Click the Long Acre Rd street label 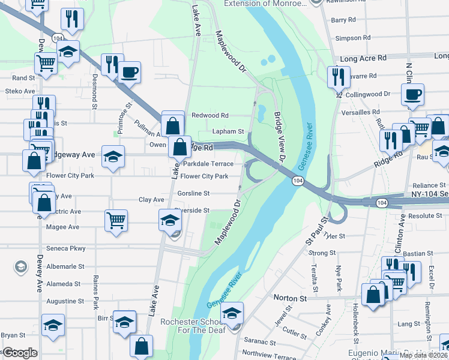pos(363,59)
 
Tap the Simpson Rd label pos(349,38)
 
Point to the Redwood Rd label pos(210,115)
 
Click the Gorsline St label pos(193,193)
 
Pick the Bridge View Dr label pos(279,137)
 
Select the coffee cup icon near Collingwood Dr pos(413,95)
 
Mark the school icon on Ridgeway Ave pos(113,157)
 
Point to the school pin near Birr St pos(125,323)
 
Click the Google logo pos(20,353)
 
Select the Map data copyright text pos(423,355)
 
